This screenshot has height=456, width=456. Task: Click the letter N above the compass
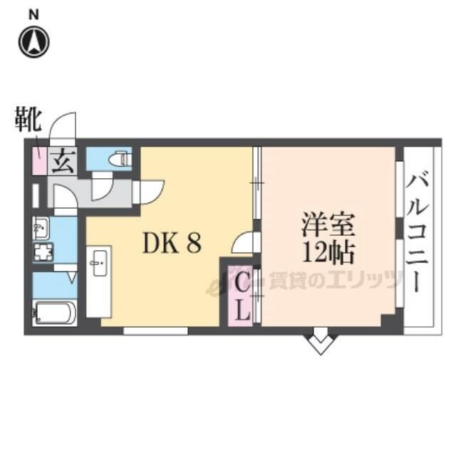point(33,15)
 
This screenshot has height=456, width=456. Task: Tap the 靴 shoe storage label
point(28,120)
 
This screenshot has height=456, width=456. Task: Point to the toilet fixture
point(120,158)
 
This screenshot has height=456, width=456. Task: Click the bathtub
point(54,313)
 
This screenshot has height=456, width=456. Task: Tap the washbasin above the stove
point(41,228)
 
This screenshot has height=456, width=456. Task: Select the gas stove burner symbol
point(43,252)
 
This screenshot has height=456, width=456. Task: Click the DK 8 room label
point(172,244)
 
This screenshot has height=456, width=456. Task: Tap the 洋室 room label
point(328,225)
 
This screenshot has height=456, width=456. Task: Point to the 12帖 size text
point(328,253)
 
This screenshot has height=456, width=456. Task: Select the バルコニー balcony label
point(418,233)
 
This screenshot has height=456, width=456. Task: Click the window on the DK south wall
point(155,331)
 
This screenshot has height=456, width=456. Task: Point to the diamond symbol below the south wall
point(320,344)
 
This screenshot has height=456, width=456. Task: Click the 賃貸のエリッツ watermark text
point(334,280)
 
